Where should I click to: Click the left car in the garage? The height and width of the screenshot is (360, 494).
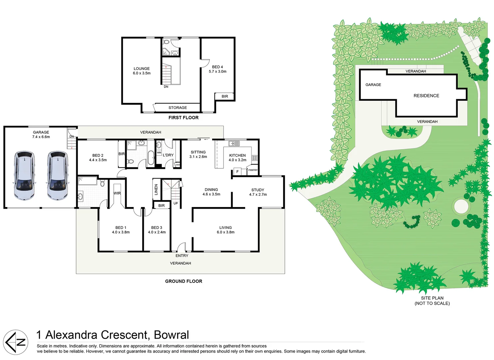click(24, 176)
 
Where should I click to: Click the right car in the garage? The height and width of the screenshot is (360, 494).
click(57, 176)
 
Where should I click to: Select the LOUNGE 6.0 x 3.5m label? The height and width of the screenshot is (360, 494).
click(142, 71)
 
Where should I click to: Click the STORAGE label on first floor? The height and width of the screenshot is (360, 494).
click(178, 108)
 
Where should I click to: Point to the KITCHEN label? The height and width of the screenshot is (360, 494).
click(237, 156)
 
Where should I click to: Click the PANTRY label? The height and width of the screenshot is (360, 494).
click(253, 170)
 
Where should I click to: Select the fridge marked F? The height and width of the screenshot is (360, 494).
click(238, 172)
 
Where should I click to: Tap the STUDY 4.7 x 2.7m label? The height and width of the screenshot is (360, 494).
click(258, 192)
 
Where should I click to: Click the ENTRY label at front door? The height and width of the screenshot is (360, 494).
click(182, 256)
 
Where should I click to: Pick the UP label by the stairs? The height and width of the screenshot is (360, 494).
click(176, 203)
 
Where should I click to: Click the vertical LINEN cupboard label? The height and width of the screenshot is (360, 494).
click(156, 190)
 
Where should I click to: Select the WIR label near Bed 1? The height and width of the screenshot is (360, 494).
click(117, 193)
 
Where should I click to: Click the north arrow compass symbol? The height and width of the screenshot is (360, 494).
click(16, 342)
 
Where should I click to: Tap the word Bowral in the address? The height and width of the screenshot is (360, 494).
click(172, 335)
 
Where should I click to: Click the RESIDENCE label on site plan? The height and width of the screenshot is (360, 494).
click(426, 96)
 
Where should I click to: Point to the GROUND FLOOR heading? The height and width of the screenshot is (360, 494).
click(184, 281)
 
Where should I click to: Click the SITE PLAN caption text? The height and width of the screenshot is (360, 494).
click(432, 298)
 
